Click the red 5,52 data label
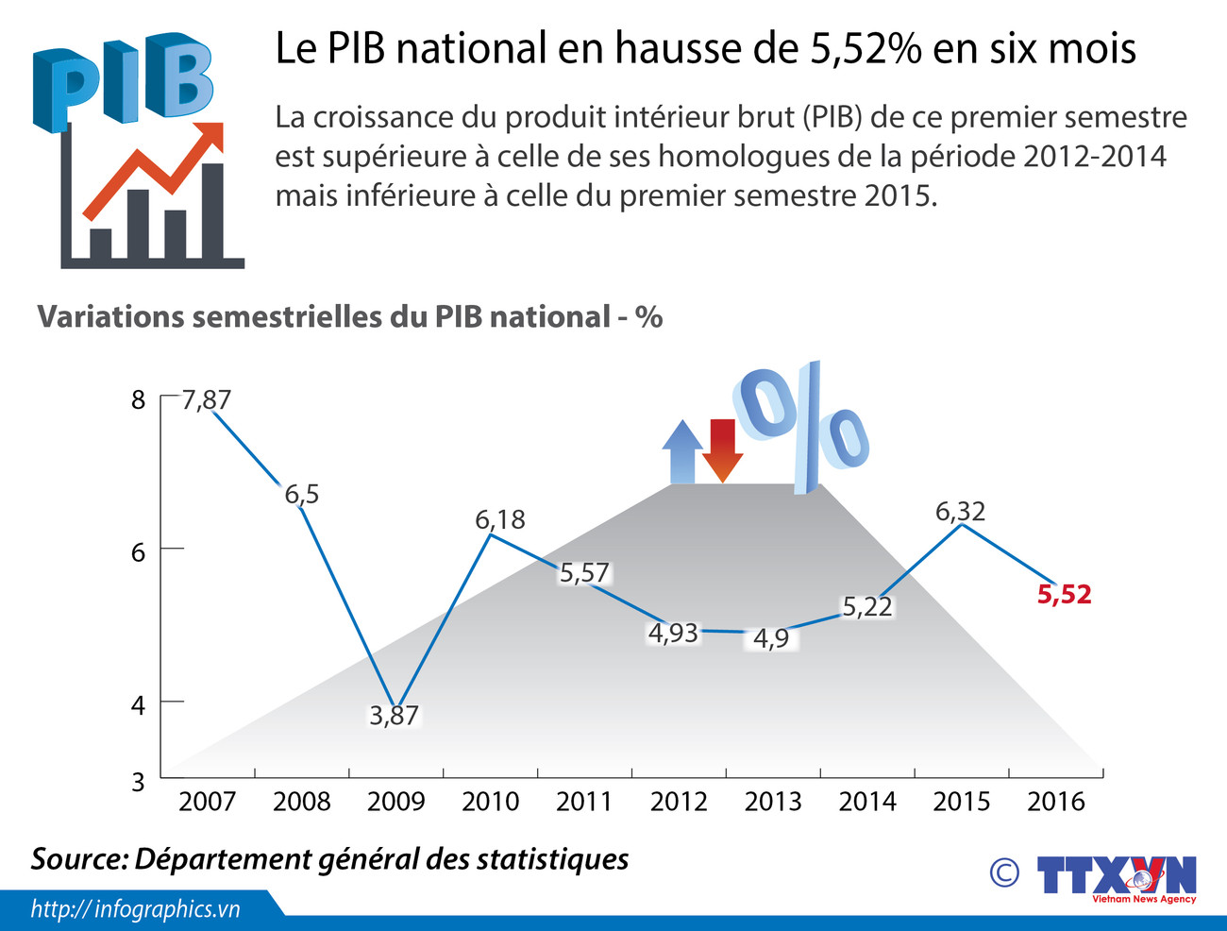(x=1064, y=594)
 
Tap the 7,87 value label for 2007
(x=206, y=399)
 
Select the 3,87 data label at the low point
(x=394, y=716)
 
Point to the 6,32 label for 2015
(x=960, y=512)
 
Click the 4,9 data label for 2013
(x=771, y=639)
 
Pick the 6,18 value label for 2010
(x=499, y=519)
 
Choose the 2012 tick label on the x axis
(x=679, y=802)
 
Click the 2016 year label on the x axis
(x=1056, y=802)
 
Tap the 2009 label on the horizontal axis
(x=395, y=802)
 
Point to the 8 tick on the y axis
(x=139, y=400)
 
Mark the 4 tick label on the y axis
(x=139, y=705)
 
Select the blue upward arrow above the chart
(x=682, y=451)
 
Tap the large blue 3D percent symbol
(x=802, y=425)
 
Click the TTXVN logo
(x=1116, y=876)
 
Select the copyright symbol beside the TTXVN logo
(x=1004, y=872)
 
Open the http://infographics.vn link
(x=135, y=909)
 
